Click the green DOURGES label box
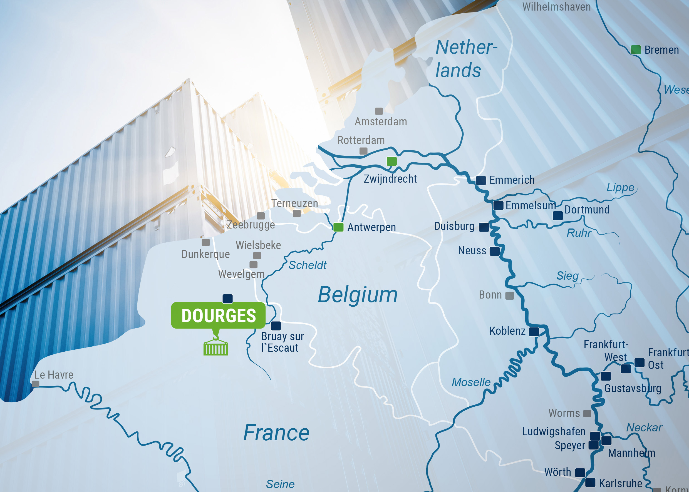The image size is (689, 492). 218,315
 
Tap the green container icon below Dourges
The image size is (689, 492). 216,347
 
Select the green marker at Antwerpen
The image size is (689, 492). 338,227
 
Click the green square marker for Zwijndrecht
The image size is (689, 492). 391,161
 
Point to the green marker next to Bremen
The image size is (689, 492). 635,50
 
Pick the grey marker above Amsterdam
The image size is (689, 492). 379,111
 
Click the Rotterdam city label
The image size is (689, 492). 361,140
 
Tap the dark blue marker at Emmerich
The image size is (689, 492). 481,180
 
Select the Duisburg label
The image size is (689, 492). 454,226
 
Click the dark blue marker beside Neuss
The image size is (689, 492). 494,251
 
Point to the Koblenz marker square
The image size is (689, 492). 534,332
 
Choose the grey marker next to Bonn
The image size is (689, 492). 510,296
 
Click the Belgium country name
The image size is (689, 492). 358,295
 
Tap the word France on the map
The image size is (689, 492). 276,433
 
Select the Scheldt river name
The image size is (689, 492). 307,265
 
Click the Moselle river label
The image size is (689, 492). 471,382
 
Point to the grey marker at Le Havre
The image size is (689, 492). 36,384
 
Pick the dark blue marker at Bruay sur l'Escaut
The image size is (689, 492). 276,326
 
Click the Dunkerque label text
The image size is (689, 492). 205,254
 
